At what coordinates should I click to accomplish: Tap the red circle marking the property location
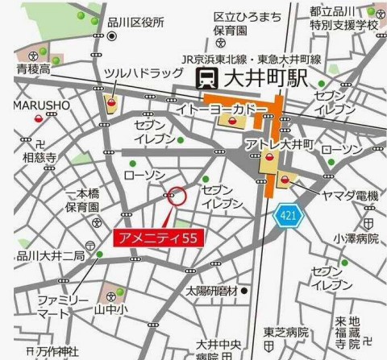(177, 195)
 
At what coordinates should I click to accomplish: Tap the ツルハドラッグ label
(144, 73)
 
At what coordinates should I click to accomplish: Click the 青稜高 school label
(32, 69)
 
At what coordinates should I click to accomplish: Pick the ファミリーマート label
(62, 305)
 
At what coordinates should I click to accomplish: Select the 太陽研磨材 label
(212, 290)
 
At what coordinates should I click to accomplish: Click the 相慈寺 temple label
(38, 158)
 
